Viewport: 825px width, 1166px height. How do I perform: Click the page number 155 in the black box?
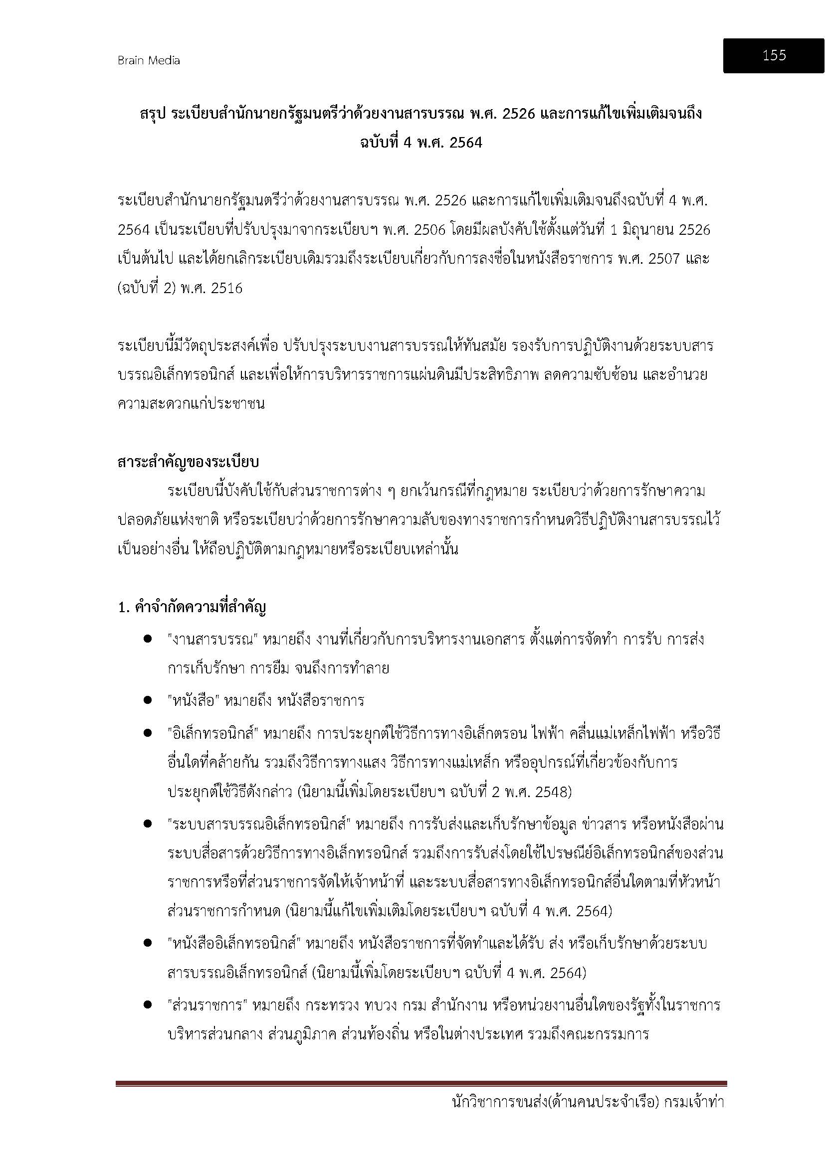click(x=774, y=55)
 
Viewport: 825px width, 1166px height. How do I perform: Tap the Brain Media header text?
click(x=148, y=61)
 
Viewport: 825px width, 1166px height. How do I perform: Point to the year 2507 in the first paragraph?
click(x=662, y=259)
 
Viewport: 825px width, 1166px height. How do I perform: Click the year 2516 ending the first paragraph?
click(x=226, y=289)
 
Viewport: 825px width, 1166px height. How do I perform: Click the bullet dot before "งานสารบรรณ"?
click(x=148, y=639)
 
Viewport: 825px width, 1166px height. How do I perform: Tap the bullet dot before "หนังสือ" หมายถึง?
click(x=148, y=700)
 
